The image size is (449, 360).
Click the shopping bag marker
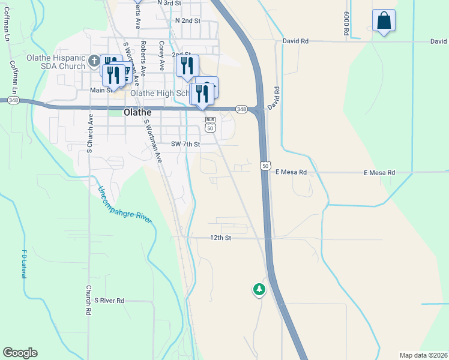click(384, 21)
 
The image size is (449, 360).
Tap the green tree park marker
click(259, 290)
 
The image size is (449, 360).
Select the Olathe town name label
click(137, 112)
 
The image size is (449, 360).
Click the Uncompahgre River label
click(125, 205)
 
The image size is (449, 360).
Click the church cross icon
click(94, 61)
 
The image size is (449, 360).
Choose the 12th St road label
click(220, 238)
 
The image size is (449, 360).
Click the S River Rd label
click(109, 300)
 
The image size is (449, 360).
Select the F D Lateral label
click(25, 263)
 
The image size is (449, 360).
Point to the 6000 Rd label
click(347, 24)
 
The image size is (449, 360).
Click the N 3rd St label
click(169, 3)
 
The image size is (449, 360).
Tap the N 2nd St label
click(187, 20)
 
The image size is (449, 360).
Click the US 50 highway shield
click(265, 165)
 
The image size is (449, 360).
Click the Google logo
click(20, 353)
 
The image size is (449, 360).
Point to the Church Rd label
click(88, 300)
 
